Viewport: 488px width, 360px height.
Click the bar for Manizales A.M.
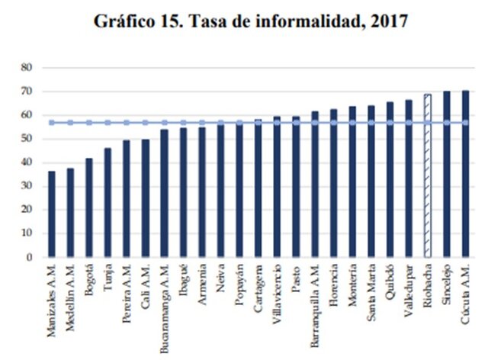52,214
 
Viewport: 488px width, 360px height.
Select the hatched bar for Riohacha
428,176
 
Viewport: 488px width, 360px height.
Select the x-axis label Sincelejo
447,282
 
